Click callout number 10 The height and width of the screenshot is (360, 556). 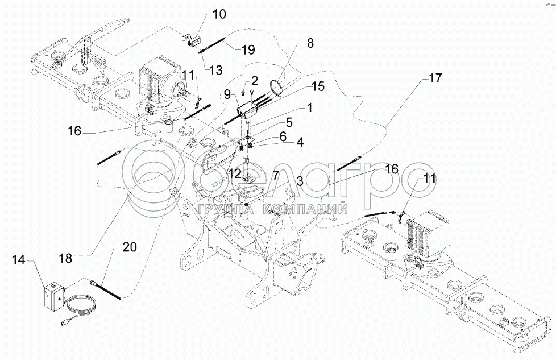click(219, 14)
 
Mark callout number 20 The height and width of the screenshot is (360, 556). click(130, 248)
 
